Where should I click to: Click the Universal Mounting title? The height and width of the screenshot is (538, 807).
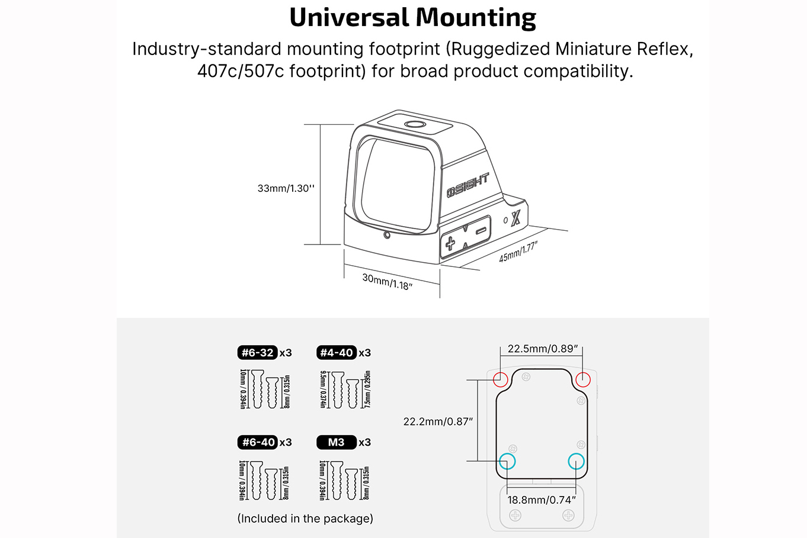click(413, 18)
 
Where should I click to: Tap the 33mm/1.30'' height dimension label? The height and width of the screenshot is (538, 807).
click(286, 189)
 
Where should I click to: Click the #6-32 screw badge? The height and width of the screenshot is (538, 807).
click(257, 353)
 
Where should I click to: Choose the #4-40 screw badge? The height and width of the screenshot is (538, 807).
click(337, 353)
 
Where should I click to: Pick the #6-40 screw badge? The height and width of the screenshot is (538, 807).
click(257, 442)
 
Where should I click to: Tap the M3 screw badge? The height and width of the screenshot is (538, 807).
click(337, 442)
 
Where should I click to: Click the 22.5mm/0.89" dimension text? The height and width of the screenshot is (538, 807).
click(543, 349)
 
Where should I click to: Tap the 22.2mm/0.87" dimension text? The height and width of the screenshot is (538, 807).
click(438, 421)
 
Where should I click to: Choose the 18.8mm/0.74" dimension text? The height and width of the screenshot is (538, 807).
click(542, 500)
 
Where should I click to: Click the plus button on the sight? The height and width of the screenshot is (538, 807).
click(450, 244)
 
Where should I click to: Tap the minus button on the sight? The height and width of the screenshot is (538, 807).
click(481, 231)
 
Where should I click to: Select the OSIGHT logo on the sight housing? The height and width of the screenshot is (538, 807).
click(468, 185)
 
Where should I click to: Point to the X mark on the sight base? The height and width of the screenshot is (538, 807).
click(516, 217)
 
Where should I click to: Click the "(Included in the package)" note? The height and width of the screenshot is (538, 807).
click(305, 518)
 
